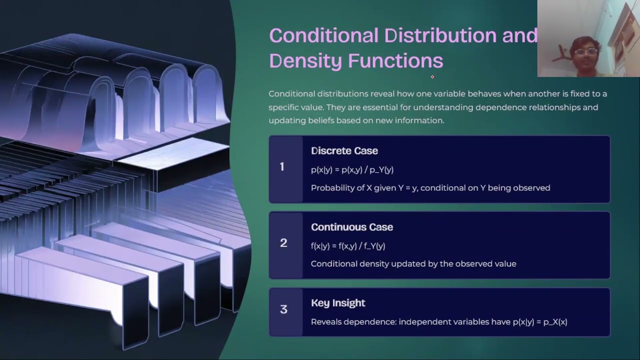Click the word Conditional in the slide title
click(323, 36)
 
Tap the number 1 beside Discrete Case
click(282, 167)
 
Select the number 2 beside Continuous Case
click(283, 243)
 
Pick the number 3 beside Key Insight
click(283, 309)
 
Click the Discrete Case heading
click(344, 151)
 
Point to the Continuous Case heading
click(351, 227)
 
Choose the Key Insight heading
click(338, 303)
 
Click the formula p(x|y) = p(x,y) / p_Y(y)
click(352, 170)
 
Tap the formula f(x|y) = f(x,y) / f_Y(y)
click(347, 246)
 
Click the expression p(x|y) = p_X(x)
click(540, 322)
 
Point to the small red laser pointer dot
click(432, 77)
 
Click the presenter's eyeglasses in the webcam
click(585, 52)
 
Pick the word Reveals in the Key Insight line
click(326, 322)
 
